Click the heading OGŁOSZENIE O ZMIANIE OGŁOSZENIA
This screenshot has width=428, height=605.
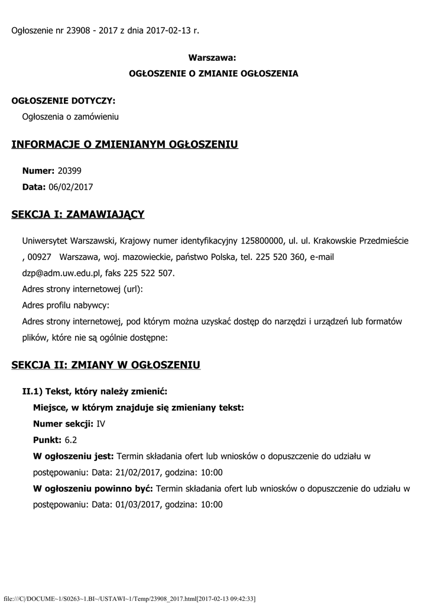tap(213, 74)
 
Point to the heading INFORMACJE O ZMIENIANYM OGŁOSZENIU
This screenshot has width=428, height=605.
tap(125, 145)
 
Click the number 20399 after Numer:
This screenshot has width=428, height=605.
tap(69, 171)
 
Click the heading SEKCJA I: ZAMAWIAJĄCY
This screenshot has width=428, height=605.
tap(78, 214)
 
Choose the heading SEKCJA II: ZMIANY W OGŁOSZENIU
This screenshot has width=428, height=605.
tap(106, 365)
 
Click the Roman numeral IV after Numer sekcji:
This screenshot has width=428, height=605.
tap(100, 424)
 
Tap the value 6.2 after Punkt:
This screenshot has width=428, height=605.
tap(71, 440)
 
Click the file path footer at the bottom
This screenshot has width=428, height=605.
tap(129, 599)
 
